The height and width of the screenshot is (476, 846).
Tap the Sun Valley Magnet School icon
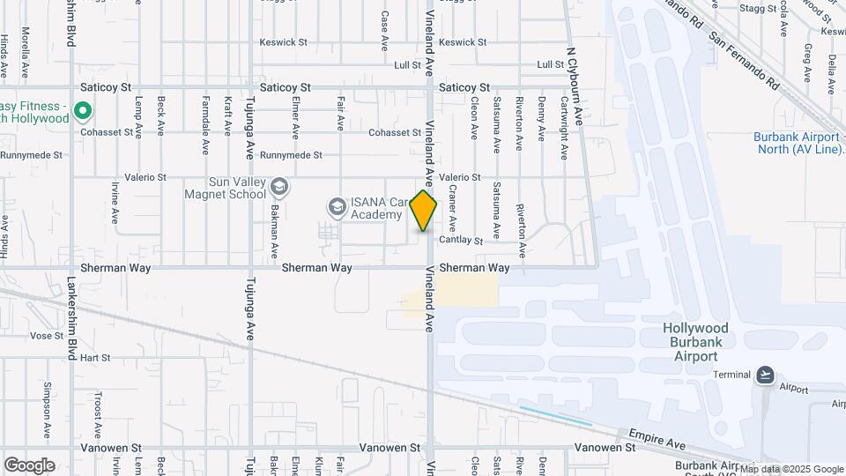click(x=279, y=186)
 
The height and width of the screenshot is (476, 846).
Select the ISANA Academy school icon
click(x=336, y=207)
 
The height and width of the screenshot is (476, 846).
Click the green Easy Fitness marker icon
click(x=83, y=111)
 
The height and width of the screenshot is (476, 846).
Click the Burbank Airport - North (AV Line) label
click(x=798, y=143)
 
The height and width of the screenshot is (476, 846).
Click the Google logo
click(x=29, y=465)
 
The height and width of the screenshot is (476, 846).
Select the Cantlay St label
click(x=461, y=240)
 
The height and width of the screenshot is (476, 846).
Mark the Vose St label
click(x=41, y=336)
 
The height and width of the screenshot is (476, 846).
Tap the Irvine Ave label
click(x=115, y=202)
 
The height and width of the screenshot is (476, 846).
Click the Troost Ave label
click(x=99, y=411)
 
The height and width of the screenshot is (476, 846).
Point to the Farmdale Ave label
click(x=206, y=115)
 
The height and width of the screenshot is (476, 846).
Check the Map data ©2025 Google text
click(x=790, y=469)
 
